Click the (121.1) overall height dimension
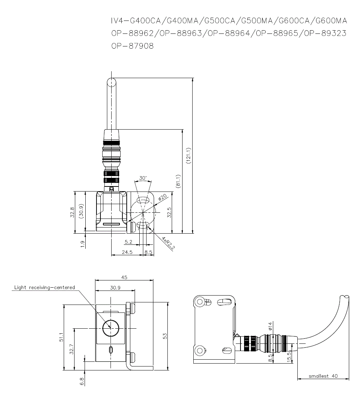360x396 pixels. click(189, 156)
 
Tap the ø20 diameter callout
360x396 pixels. click(163, 198)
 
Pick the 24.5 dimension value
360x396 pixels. click(127, 252)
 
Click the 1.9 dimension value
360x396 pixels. click(83, 244)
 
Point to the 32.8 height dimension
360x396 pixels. click(72, 212)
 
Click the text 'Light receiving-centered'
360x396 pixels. click(45, 287)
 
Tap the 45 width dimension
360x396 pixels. click(124, 277)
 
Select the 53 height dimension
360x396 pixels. click(165, 336)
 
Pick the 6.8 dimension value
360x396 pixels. click(82, 381)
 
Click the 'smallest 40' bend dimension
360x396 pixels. click(323, 376)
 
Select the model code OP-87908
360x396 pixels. click(132, 46)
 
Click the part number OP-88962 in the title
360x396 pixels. click(132, 33)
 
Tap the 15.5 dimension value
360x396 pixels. click(289, 358)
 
